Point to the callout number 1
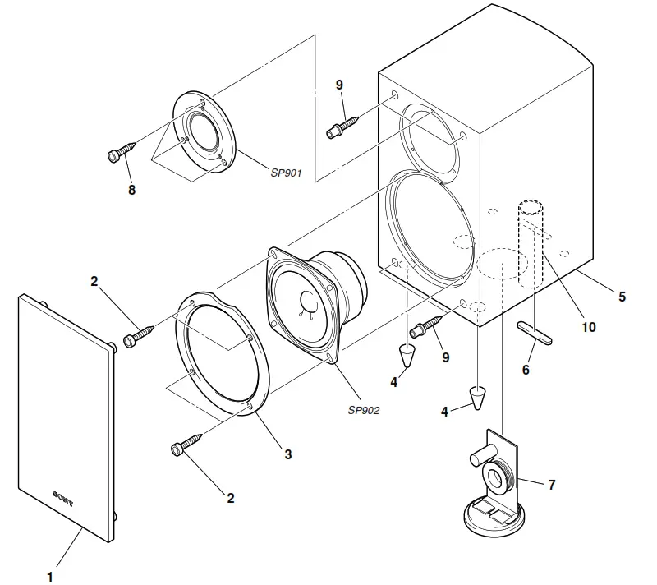pos(50,576)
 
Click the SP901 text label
pos(287,173)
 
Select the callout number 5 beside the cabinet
pos(622,297)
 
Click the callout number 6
pos(526,369)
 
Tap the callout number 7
pos(551,485)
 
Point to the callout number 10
pos(588,326)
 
